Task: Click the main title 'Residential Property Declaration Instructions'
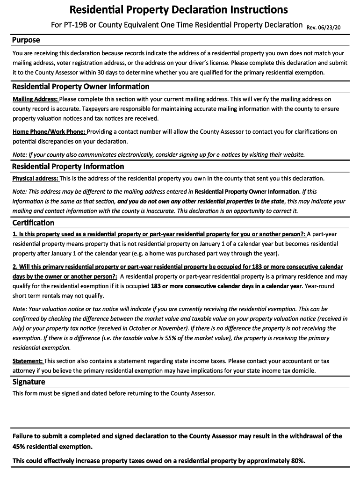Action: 179,10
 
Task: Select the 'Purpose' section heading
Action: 26,40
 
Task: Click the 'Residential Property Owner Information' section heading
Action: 81,87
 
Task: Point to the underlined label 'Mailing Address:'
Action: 35,99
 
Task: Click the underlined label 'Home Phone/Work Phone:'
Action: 49,132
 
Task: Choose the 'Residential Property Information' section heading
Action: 68,167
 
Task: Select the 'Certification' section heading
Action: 33,223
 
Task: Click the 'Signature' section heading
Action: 29,382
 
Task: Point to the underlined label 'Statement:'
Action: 28,361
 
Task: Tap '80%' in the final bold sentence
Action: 297,461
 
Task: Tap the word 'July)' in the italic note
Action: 20,328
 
